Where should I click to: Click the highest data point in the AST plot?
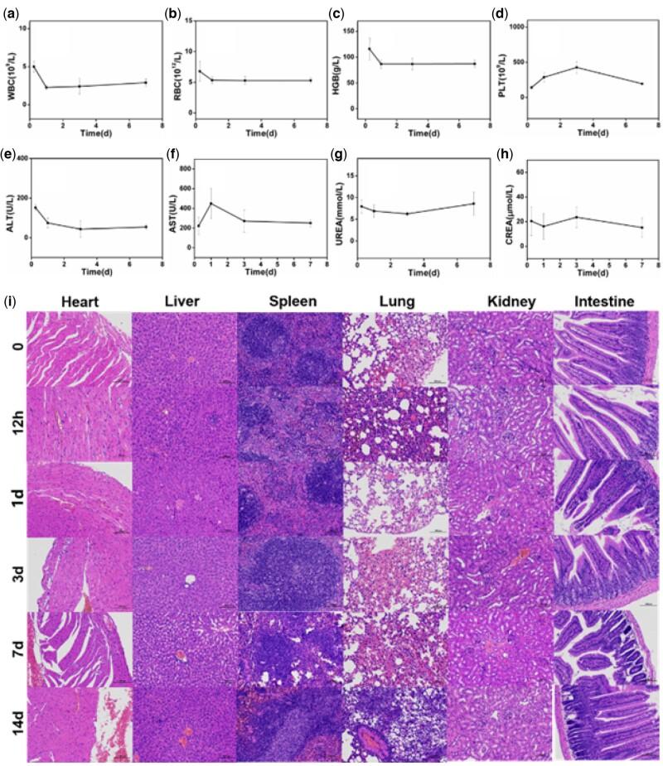tap(211, 204)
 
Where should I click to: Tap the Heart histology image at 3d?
tap(79, 574)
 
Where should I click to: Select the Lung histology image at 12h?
tap(394, 423)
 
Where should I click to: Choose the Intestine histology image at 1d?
tap(605, 499)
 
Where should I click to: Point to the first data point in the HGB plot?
tap(369, 50)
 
